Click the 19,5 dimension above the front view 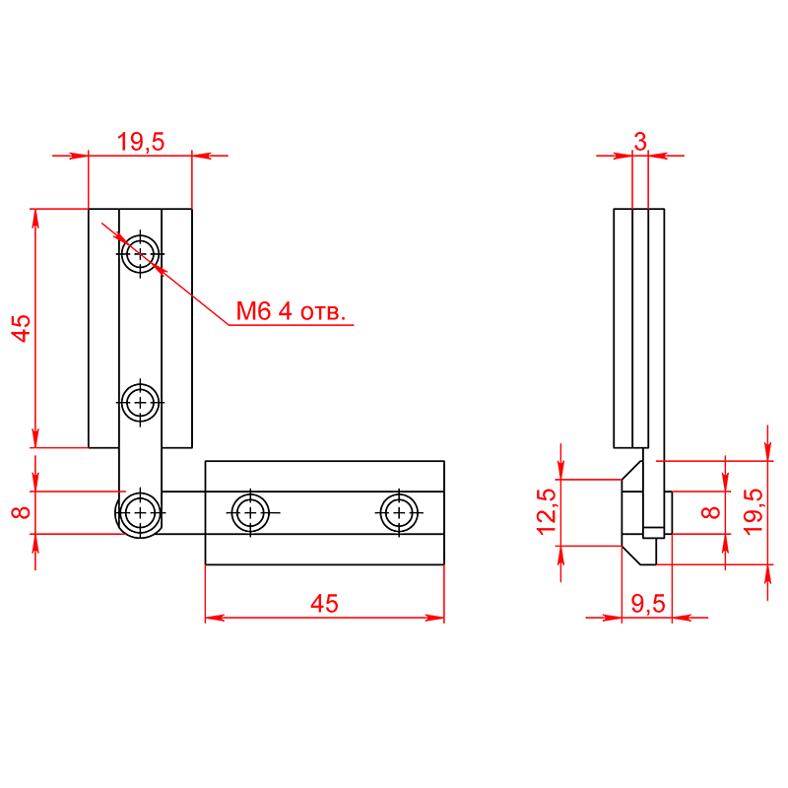(x=141, y=142)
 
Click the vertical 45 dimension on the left (x=21, y=329)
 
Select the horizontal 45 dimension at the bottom (x=324, y=603)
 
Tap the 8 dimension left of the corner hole (x=21, y=512)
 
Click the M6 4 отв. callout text (x=291, y=311)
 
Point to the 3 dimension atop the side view (x=639, y=142)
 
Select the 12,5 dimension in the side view (x=547, y=511)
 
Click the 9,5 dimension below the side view (x=648, y=603)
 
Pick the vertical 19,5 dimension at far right (x=753, y=511)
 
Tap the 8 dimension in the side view (x=710, y=512)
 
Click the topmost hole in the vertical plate (x=140, y=254)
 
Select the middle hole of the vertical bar (x=140, y=403)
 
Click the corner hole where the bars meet (x=140, y=512)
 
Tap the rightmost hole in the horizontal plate (x=399, y=512)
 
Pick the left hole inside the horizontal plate (x=250, y=512)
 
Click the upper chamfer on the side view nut (x=632, y=470)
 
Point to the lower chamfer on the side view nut (x=631, y=556)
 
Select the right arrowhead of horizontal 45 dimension (x=434, y=618)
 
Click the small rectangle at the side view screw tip (x=653, y=532)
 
